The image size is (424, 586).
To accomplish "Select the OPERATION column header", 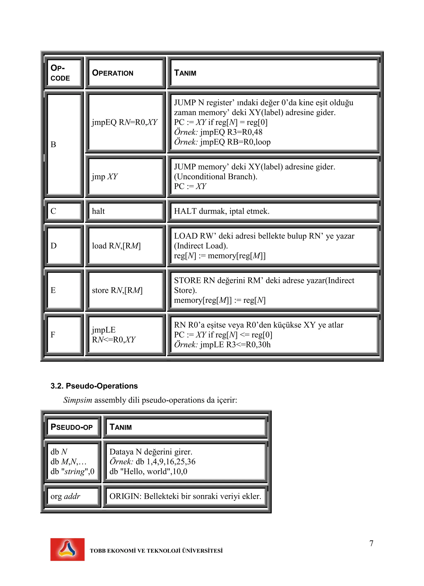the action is coord(113,73).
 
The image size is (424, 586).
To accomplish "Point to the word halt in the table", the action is coord(98,211).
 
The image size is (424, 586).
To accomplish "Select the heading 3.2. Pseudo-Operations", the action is coord(94,386).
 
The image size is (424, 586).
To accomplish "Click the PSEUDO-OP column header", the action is coord(71,427).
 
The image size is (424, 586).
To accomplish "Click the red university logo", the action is coord(67,549).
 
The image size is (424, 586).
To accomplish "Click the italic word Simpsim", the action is coord(78,400).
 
